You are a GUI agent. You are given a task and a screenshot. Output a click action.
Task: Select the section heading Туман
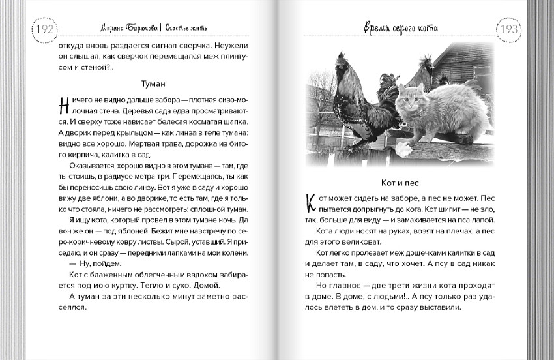(x=154, y=84)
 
